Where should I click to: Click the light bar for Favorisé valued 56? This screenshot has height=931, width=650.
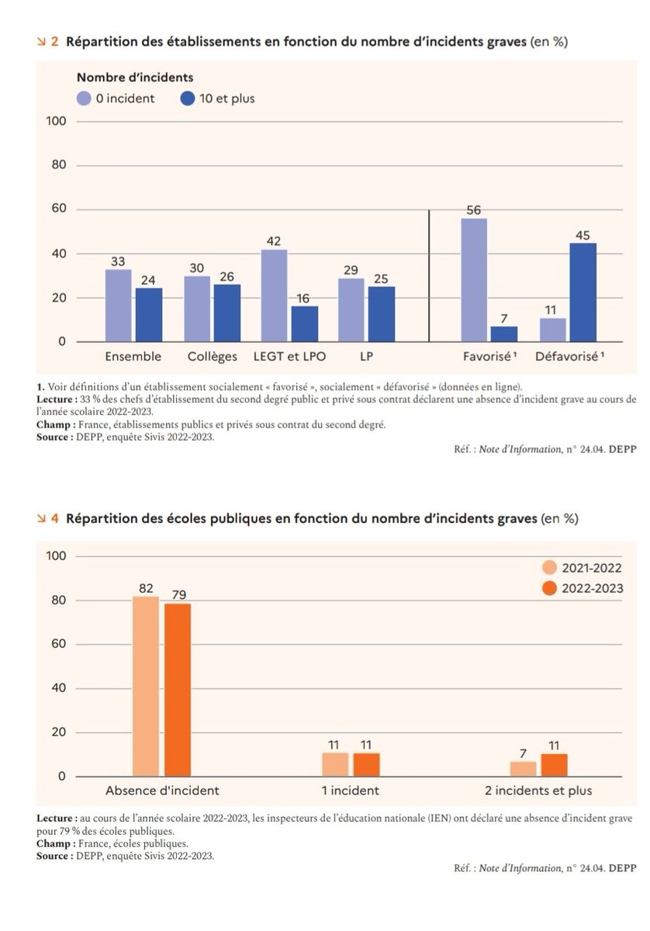tap(474, 279)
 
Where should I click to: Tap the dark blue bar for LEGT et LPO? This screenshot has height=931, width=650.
tap(305, 324)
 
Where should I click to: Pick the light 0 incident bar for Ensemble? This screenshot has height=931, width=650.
tap(118, 305)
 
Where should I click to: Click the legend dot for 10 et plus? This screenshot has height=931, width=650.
tap(188, 99)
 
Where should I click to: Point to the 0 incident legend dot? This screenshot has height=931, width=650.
tap(85, 99)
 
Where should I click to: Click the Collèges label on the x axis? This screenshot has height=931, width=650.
tap(213, 357)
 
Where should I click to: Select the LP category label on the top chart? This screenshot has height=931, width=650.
tap(366, 357)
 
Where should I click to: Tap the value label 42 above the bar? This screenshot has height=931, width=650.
tap(274, 241)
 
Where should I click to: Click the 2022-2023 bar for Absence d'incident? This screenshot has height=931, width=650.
tap(178, 690)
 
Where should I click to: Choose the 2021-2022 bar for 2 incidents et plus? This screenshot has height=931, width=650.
tap(523, 768)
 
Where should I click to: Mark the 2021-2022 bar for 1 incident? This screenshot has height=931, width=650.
tap(335, 764)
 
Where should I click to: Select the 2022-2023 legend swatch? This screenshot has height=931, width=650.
tap(550, 589)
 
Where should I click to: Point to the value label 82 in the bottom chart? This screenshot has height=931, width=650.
tap(146, 588)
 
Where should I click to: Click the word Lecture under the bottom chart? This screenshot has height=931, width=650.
tap(55, 819)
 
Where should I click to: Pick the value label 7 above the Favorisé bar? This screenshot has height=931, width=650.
tap(504, 317)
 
